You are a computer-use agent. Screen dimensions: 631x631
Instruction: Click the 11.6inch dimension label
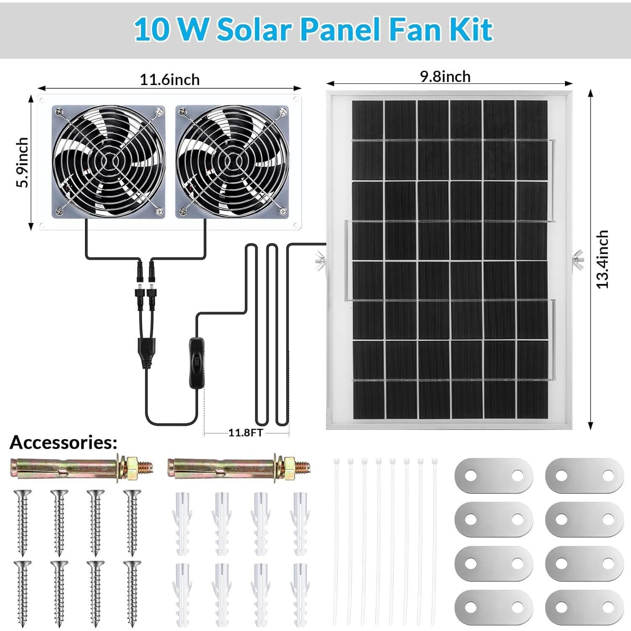(170, 80)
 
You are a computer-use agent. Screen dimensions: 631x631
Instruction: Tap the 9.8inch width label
(445, 77)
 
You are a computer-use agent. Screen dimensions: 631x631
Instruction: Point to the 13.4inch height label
(602, 259)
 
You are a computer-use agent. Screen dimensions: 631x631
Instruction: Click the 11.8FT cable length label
(246, 432)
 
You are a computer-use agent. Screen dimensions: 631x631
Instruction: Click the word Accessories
(63, 443)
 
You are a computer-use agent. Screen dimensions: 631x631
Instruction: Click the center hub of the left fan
(109, 162)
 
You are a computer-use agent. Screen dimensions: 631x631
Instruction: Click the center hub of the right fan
(232, 162)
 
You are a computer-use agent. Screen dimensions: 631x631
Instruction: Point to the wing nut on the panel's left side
(320, 260)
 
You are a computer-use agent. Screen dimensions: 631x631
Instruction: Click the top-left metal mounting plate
(494, 475)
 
